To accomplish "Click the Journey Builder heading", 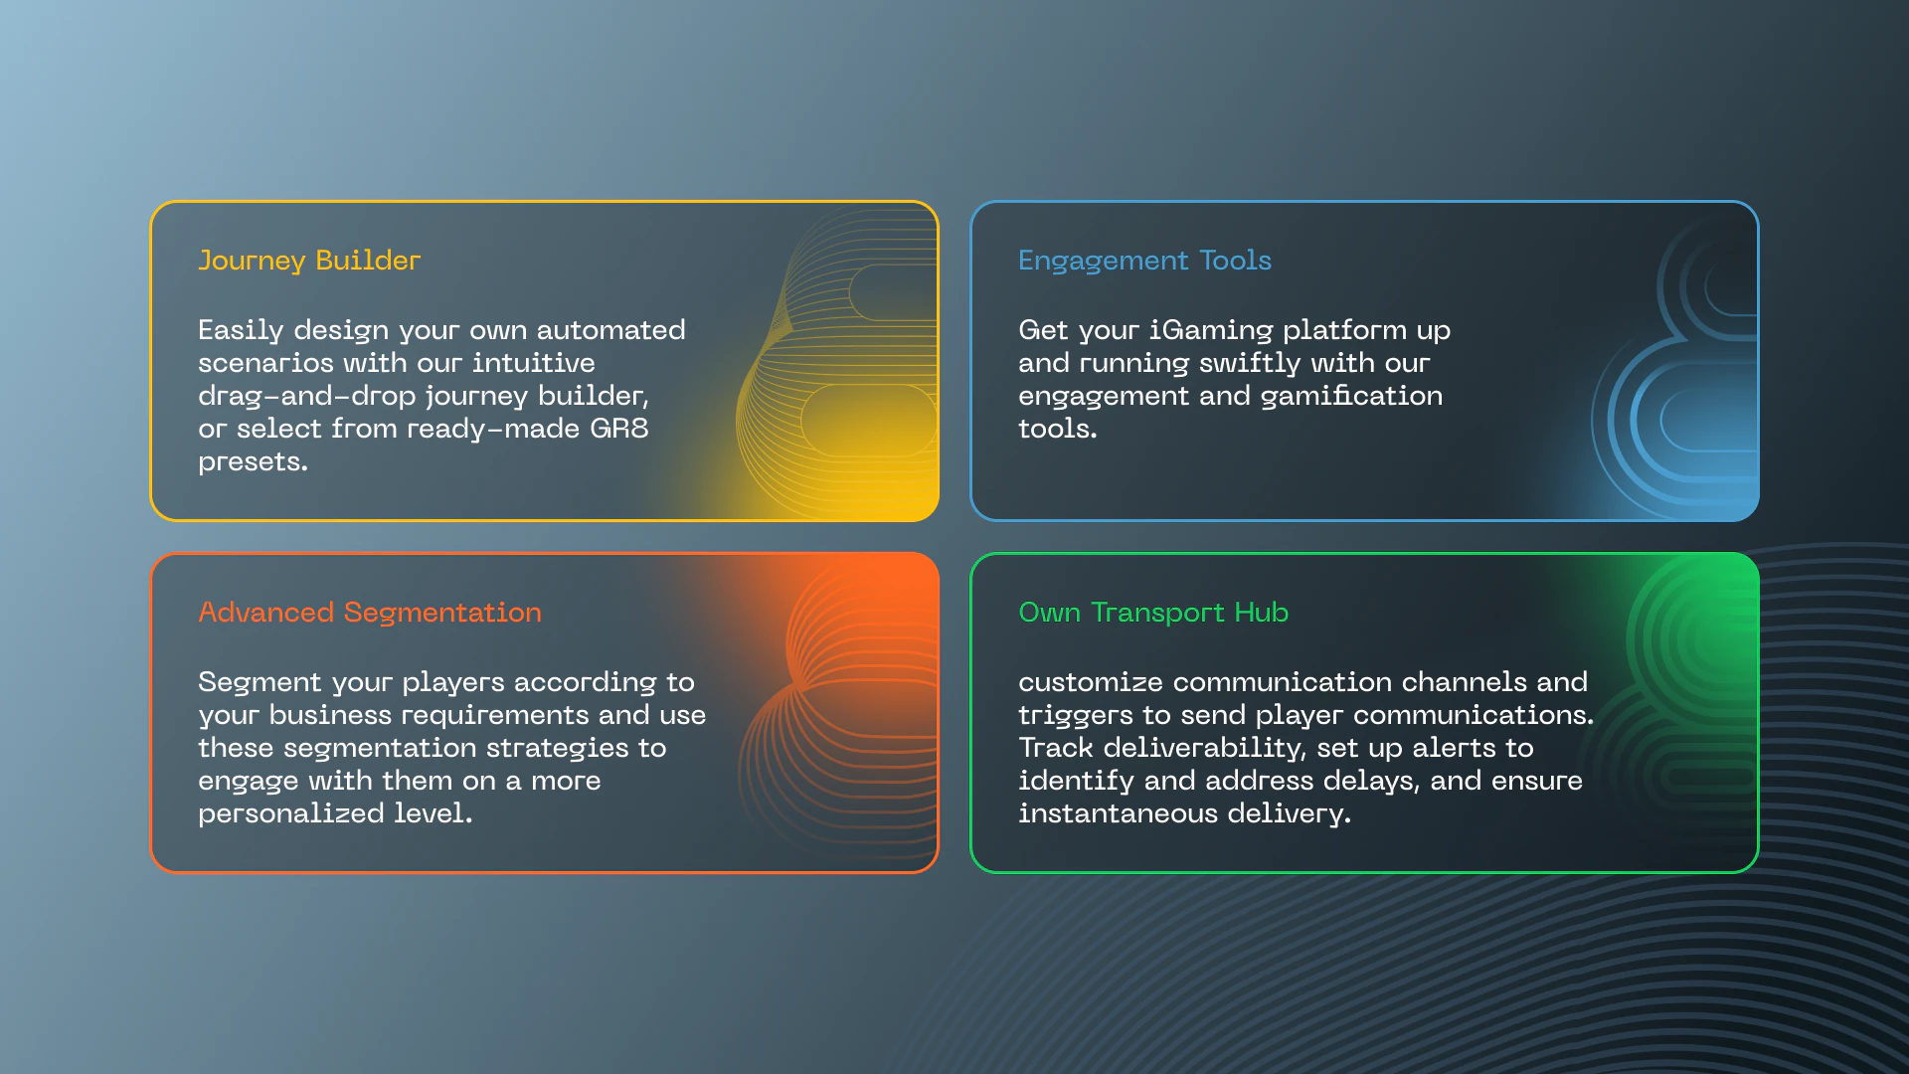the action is pyautogui.click(x=309, y=261).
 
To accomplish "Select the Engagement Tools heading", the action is pyautogui.click(x=1144, y=261).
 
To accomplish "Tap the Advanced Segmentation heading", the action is pyautogui.click(x=370, y=613).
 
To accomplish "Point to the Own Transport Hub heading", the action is pyautogui.click(x=1153, y=613).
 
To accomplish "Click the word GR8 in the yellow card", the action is pyautogui.click(x=618, y=429).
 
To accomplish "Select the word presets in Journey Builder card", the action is pyautogui.click(x=253, y=462).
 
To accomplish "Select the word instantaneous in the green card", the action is pyautogui.click(x=1119, y=813).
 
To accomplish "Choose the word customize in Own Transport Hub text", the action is pyautogui.click(x=1091, y=682).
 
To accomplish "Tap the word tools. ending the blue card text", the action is pyautogui.click(x=1058, y=429).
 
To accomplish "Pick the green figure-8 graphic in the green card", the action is pyautogui.click(x=1690, y=696).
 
